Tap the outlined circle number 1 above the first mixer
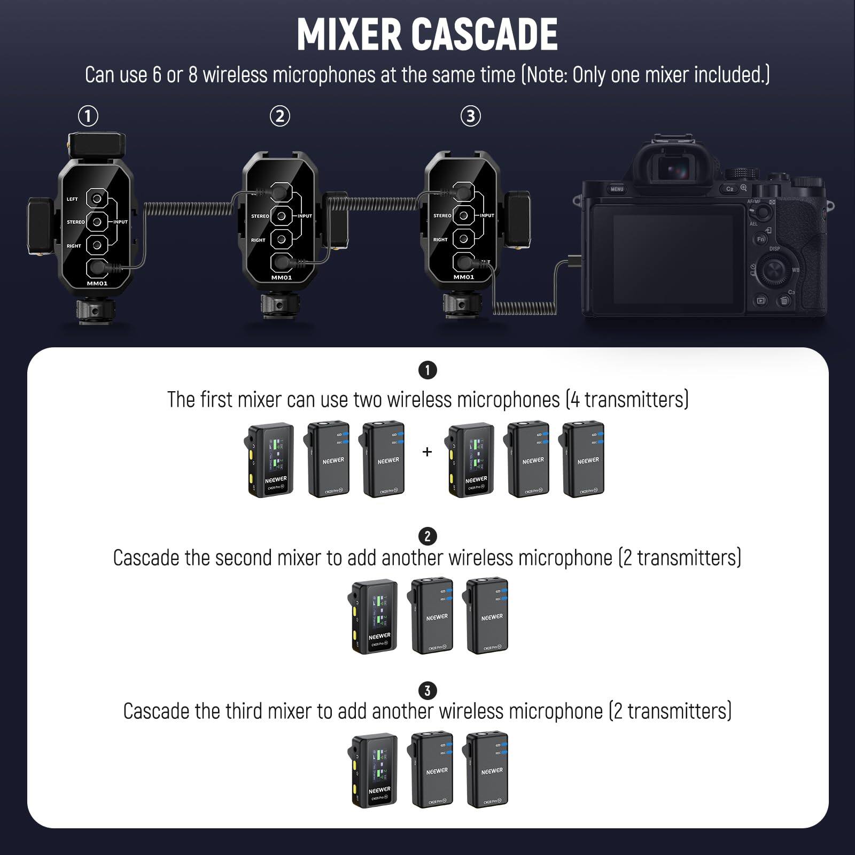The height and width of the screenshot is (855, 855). (88, 116)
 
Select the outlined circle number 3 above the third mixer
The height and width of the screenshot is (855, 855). (470, 116)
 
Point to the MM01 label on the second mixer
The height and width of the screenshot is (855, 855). (282, 277)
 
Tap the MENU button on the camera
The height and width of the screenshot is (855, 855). (617, 189)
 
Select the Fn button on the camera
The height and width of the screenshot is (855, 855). (761, 239)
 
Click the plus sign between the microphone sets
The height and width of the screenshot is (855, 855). (427, 452)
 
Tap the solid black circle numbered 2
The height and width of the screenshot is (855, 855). (427, 536)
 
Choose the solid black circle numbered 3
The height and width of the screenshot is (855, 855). (427, 690)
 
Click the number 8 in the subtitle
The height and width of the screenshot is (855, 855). (192, 75)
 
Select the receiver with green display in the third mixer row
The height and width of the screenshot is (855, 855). (375, 770)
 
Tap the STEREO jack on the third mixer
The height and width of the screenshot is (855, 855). (463, 216)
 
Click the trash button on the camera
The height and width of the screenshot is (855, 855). (784, 301)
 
